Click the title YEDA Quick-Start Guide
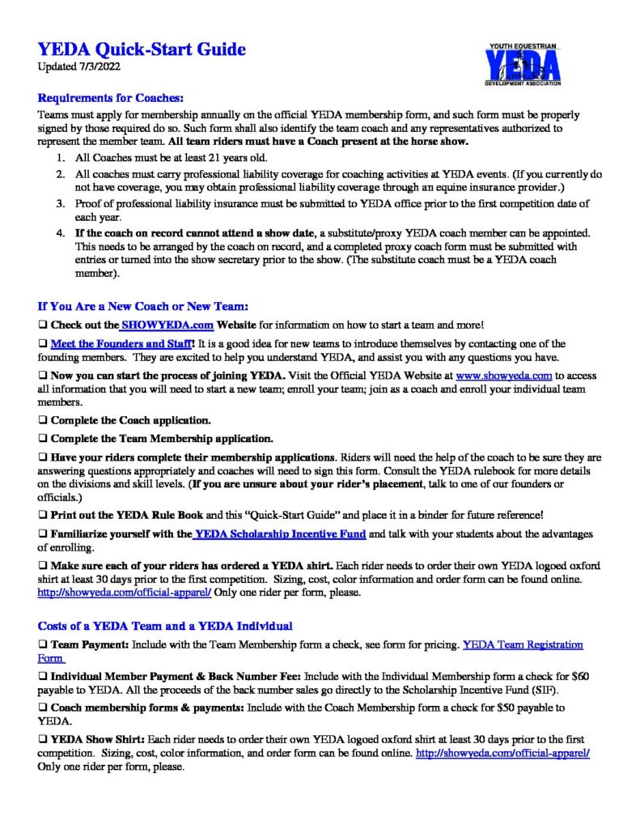[142, 50]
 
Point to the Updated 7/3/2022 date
[76, 66]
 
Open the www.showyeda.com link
[504, 376]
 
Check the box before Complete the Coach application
[42, 421]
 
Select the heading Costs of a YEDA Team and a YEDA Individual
[165, 626]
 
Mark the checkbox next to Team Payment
[42, 645]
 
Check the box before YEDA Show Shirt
[42, 740]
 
